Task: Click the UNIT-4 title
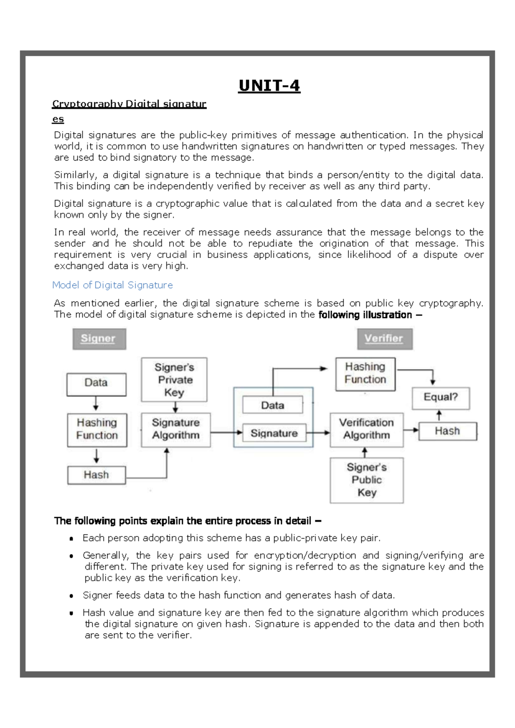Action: point(269,86)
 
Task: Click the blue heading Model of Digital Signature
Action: point(112,285)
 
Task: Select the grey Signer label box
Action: point(99,339)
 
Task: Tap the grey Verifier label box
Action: point(384,339)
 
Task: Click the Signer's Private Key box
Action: point(174,379)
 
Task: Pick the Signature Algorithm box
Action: point(176,429)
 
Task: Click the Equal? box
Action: point(440,397)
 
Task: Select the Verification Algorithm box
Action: point(367,429)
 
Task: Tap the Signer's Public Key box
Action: point(367,480)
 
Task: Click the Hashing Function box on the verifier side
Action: point(365,373)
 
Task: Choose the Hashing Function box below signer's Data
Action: point(97,429)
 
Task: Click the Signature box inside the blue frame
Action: point(274,433)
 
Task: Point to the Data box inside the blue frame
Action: point(273,405)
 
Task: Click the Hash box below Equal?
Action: point(447,431)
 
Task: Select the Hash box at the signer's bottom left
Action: point(96,475)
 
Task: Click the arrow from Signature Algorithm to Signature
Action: point(227,432)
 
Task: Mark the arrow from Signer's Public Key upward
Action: point(364,452)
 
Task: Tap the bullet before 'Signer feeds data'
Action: point(71,596)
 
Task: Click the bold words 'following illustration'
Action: point(365,315)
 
